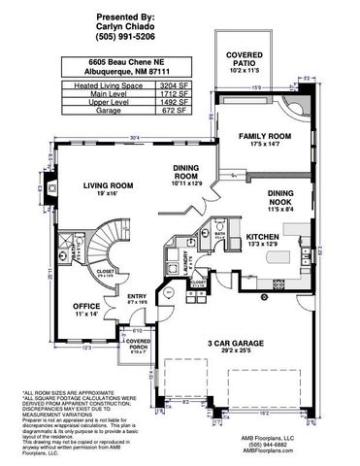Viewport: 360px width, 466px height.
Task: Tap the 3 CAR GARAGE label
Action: click(x=235, y=343)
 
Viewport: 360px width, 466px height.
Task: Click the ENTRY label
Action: click(x=136, y=296)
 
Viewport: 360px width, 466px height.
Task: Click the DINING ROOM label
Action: click(x=187, y=172)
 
